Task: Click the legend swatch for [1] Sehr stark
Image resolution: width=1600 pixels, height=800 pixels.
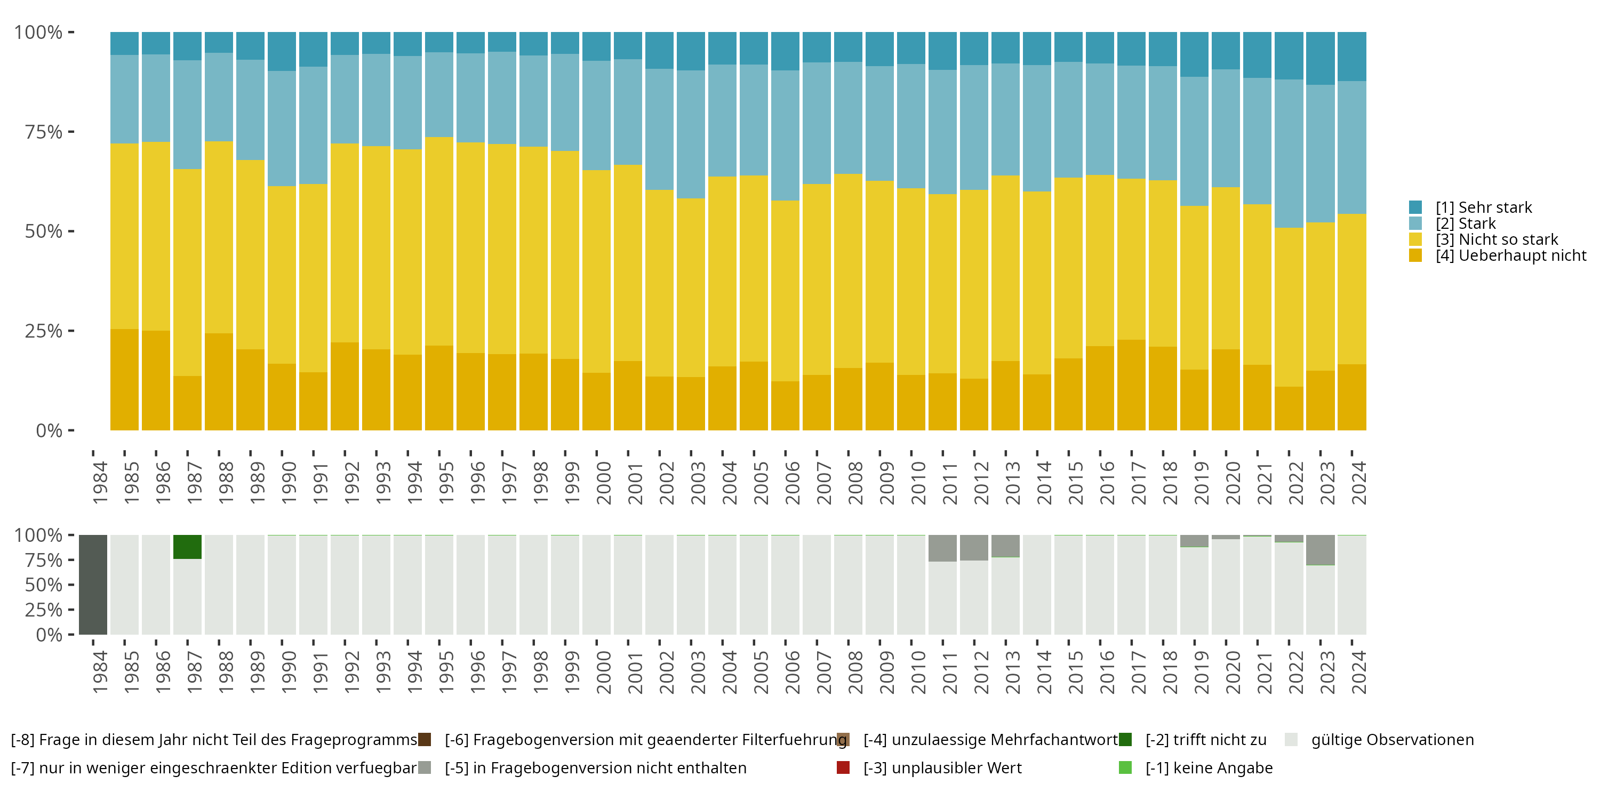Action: coord(1415,207)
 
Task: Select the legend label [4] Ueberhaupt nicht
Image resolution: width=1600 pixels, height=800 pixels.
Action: coord(1510,255)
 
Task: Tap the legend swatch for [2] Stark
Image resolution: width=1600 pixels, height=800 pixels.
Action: coord(1415,223)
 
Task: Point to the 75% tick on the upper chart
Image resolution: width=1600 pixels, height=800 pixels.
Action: coord(71,132)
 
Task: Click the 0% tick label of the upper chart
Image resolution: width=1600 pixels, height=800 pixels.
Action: coord(49,430)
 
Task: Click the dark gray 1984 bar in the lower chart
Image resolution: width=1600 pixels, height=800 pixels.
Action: coord(93,585)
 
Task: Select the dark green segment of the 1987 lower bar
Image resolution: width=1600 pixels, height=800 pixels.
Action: coord(187,547)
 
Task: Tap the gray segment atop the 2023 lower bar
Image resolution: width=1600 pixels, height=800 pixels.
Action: coord(1320,550)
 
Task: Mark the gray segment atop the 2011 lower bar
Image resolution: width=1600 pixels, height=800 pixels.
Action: coord(942,548)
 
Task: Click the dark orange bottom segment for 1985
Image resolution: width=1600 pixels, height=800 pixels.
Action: coord(156,380)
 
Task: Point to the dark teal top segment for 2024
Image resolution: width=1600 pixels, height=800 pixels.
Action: coord(1351,56)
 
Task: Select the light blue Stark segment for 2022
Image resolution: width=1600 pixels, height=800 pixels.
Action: coord(1289,154)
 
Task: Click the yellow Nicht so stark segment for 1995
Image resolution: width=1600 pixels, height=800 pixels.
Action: coord(439,241)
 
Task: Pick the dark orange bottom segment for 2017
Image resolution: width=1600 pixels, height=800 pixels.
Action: coord(1131,385)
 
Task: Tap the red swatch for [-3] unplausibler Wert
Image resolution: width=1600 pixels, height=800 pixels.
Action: coord(843,767)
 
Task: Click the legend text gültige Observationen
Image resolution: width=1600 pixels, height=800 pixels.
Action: coord(1392,740)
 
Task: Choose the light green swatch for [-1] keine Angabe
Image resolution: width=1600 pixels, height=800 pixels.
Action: coord(1125,767)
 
